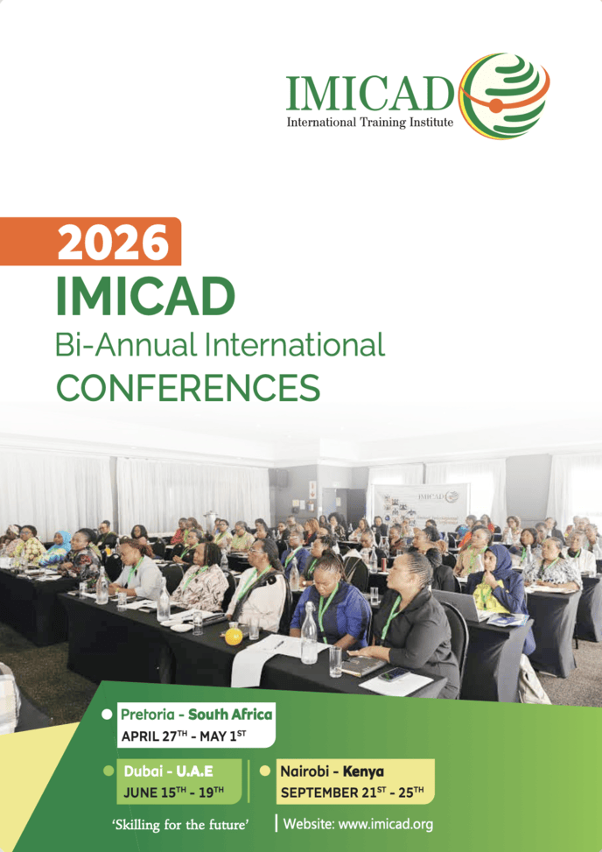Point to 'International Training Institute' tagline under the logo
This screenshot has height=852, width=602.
tap(370, 123)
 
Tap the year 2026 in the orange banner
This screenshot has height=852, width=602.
tap(113, 243)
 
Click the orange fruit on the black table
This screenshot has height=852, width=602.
tap(234, 636)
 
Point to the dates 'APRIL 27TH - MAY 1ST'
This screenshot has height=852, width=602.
tap(184, 736)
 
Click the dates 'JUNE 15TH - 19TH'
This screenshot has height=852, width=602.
tap(173, 792)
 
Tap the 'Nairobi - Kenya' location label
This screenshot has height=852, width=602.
tap(332, 771)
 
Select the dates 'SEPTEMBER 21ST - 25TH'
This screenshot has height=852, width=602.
tap(352, 792)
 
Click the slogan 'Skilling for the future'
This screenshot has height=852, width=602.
tap(181, 824)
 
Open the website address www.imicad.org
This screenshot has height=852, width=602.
tap(358, 824)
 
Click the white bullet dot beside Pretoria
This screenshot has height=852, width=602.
tap(108, 714)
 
